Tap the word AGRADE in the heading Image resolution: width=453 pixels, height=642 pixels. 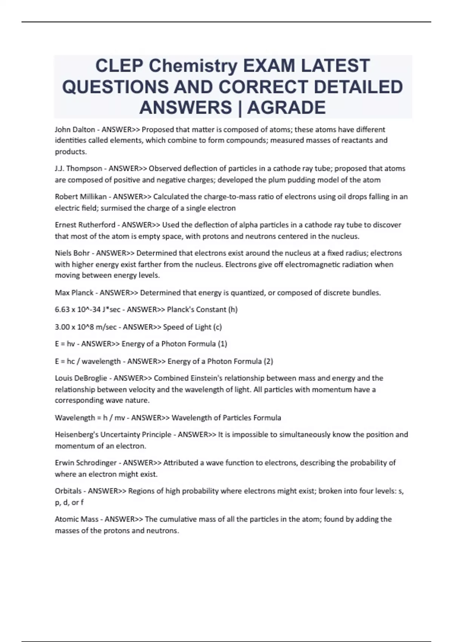(287, 107)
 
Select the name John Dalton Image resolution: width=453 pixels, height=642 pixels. (75, 130)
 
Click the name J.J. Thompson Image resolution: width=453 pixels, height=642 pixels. (79, 168)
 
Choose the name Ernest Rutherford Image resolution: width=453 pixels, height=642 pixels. (85, 225)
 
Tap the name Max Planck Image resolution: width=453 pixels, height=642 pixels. (74, 293)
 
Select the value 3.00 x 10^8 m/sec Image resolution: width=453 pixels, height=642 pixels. (86, 327)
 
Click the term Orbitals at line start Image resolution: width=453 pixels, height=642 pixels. (68, 491)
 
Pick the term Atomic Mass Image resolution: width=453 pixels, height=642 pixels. (77, 519)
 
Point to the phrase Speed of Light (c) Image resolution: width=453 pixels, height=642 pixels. (192, 327)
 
